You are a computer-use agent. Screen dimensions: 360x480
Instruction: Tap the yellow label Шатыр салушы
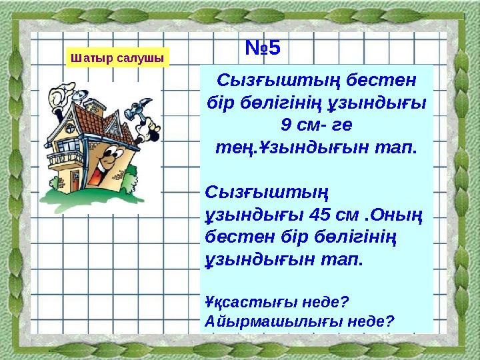(x=117, y=58)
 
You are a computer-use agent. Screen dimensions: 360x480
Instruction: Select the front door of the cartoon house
(x=103, y=175)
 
